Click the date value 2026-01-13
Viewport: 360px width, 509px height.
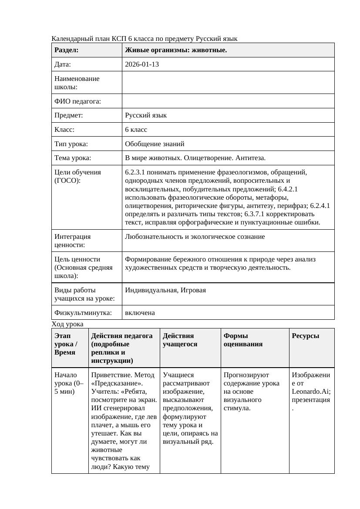(x=142, y=64)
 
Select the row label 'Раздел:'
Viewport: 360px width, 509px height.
(x=67, y=50)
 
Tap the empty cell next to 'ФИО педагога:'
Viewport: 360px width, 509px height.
(x=228, y=101)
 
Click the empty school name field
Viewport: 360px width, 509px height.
(x=228, y=83)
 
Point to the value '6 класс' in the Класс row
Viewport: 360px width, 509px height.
(x=136, y=130)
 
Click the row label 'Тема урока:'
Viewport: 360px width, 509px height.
(x=73, y=158)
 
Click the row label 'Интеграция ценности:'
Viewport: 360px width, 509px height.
(x=73, y=241)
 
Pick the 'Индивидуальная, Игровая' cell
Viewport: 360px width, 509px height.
(x=165, y=290)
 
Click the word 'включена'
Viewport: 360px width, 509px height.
(x=140, y=313)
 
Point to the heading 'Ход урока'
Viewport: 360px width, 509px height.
(x=67, y=324)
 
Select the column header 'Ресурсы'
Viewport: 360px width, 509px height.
(x=305, y=336)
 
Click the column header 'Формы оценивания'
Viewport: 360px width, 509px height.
(x=243, y=340)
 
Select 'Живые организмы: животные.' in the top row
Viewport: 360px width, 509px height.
(x=176, y=50)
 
